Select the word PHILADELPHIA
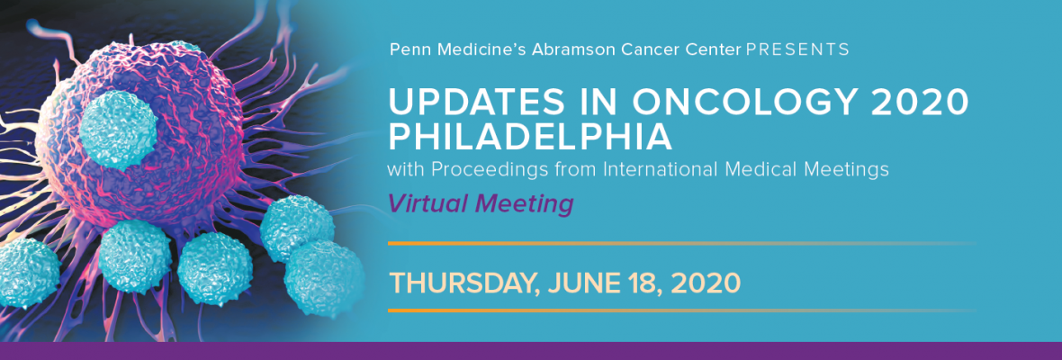pos(530,137)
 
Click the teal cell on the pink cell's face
pos(119,129)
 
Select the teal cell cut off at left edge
pos(26,272)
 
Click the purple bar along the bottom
pos(531,350)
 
